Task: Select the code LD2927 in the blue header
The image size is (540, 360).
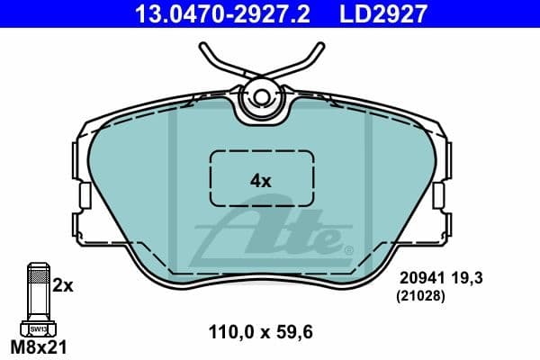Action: click(x=382, y=13)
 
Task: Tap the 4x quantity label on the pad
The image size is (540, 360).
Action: click(x=260, y=180)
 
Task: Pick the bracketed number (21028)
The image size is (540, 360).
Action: click(x=422, y=293)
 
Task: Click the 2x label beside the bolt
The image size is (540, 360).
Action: click(x=63, y=285)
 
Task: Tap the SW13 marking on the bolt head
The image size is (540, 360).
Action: click(x=38, y=329)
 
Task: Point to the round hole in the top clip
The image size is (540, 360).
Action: click(x=261, y=96)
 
